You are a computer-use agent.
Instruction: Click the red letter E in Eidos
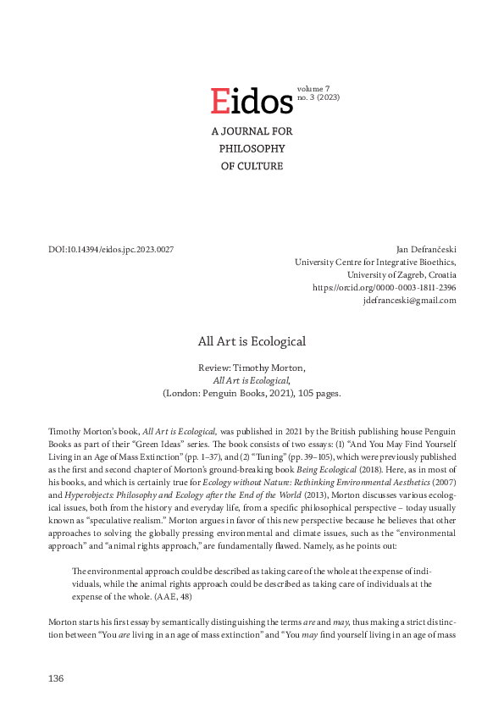click(219, 101)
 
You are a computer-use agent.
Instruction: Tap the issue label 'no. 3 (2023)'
click(318, 98)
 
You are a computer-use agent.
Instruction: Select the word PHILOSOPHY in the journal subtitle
click(252, 149)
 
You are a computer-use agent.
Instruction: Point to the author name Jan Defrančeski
click(426, 250)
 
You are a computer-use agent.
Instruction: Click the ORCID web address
click(385, 288)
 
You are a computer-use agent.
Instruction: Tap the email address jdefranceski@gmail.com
click(409, 301)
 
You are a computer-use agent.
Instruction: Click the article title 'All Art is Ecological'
click(252, 341)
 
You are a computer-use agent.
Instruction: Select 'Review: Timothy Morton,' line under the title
click(252, 368)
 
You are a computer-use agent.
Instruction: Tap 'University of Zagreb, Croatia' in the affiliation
click(402, 275)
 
